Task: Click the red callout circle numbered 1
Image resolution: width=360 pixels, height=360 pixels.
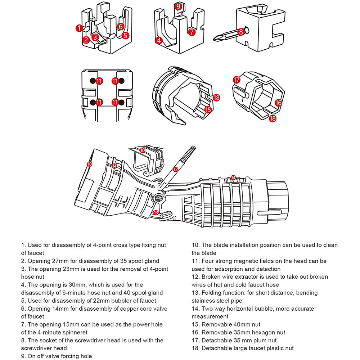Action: point(79,28)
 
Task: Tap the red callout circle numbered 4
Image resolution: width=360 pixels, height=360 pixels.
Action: point(159,41)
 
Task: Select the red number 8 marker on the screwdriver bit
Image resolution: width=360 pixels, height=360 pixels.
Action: point(240,32)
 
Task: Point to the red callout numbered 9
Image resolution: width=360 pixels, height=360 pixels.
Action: point(178,6)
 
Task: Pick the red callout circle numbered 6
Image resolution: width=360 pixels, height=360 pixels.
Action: point(121,27)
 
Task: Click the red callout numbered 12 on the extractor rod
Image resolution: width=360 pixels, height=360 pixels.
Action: point(176,170)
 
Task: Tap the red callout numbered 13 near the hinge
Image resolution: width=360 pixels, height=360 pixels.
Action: point(156,213)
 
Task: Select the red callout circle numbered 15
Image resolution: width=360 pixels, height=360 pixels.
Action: point(208,109)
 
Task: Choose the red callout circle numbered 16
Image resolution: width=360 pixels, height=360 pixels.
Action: point(278,103)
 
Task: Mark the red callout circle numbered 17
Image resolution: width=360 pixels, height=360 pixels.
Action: point(237,80)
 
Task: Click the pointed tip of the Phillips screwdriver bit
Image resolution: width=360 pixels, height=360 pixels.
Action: point(214,40)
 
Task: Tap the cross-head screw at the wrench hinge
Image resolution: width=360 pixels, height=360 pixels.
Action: point(158,197)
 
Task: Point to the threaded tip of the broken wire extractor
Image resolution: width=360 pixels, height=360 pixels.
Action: point(193,147)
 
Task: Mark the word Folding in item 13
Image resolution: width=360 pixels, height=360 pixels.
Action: point(212,293)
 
